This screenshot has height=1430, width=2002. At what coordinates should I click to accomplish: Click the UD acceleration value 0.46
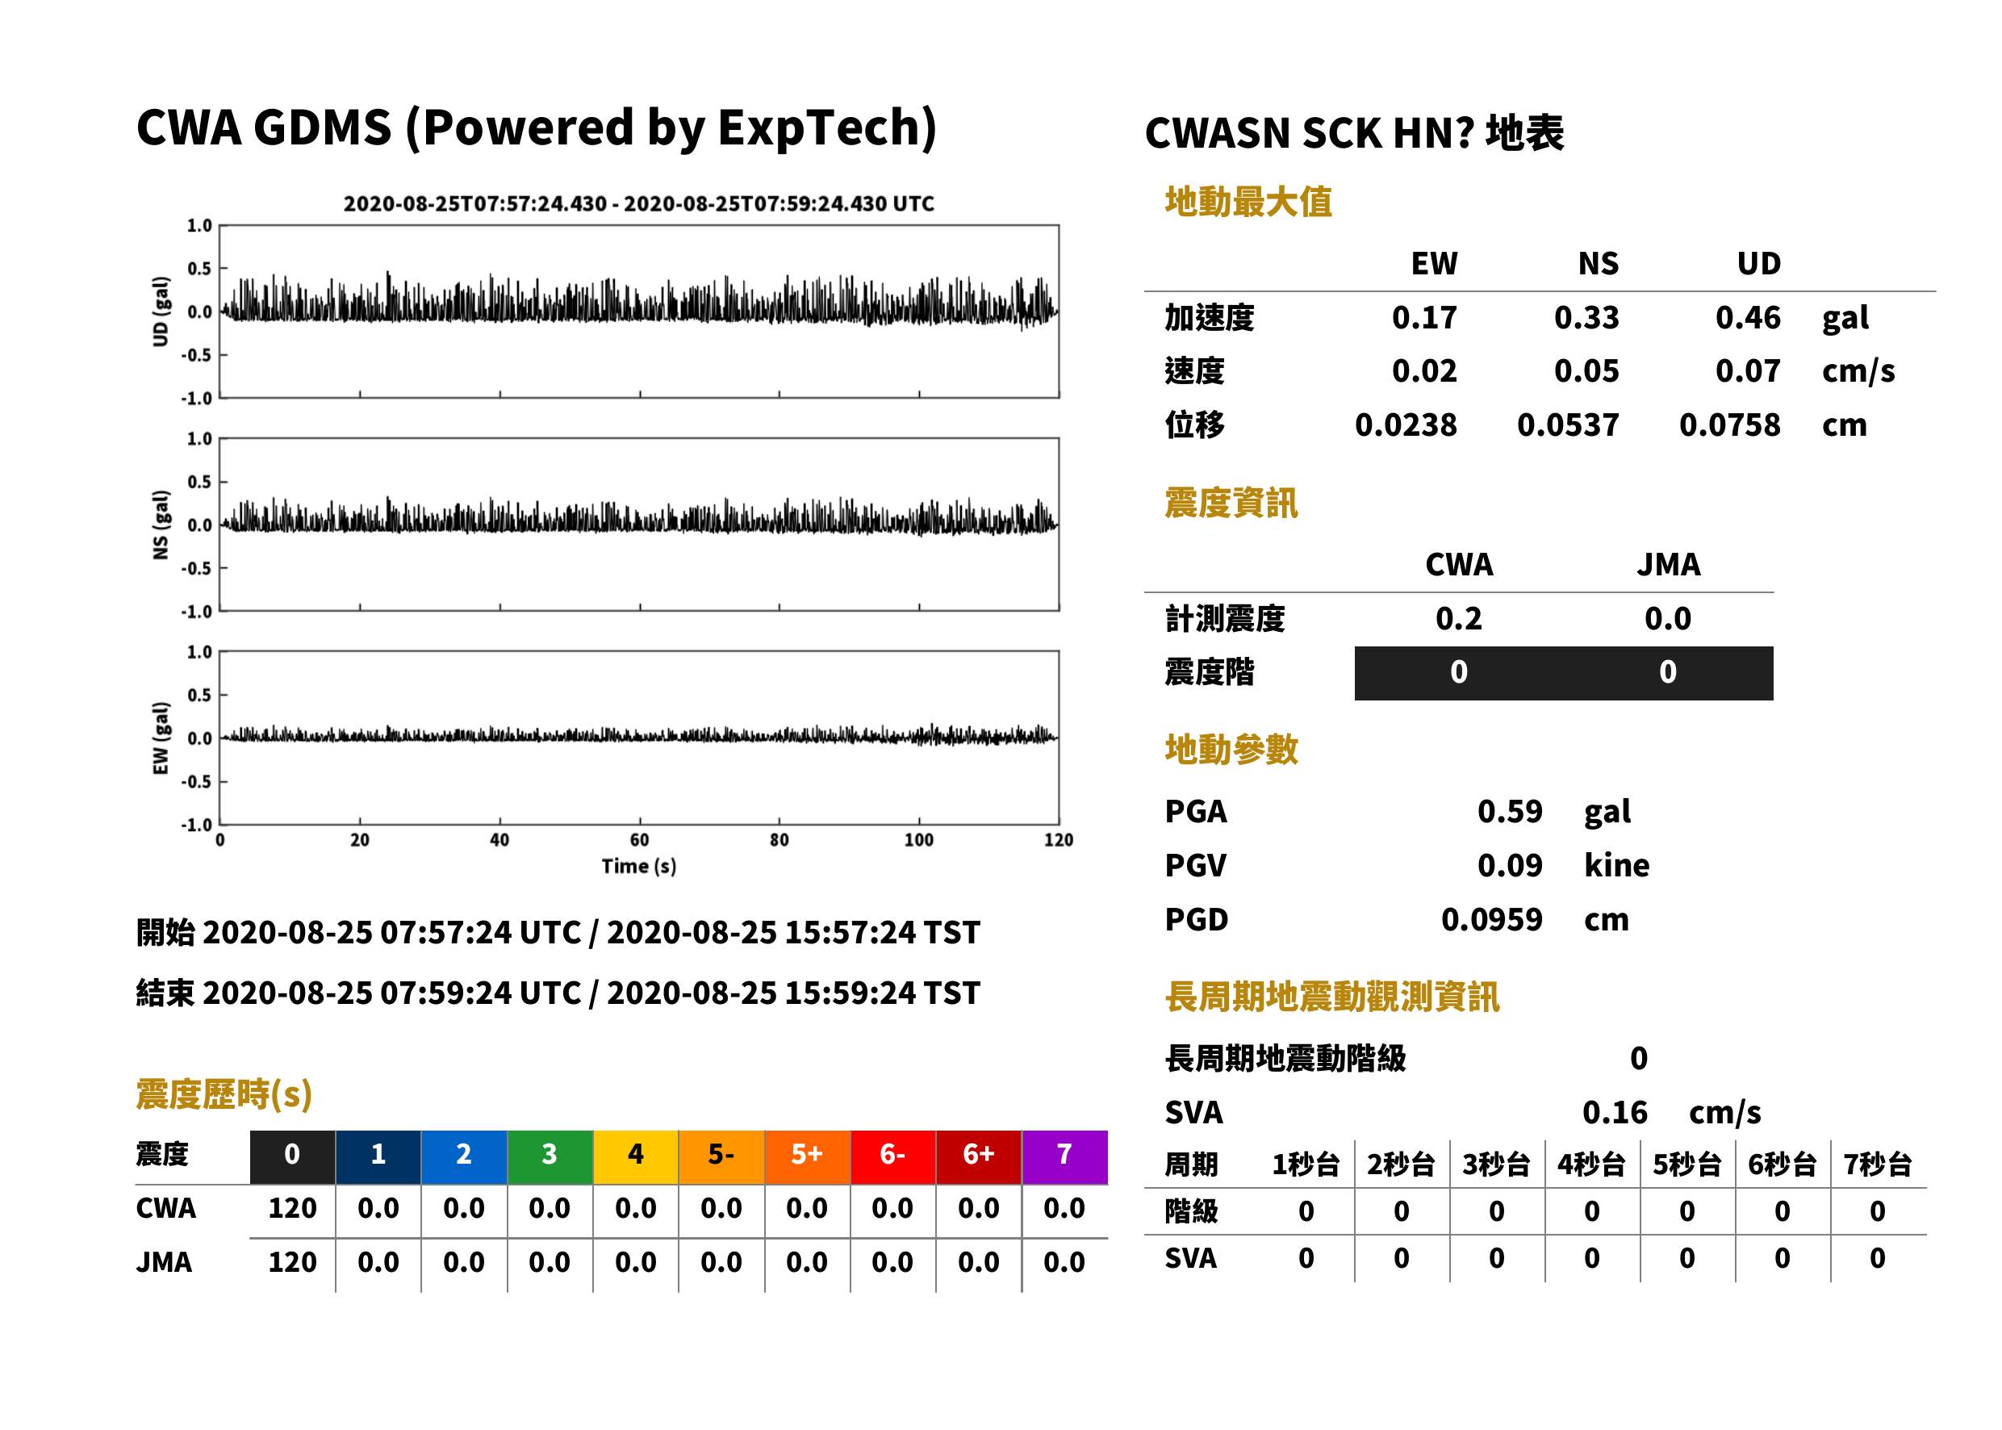coord(1747,318)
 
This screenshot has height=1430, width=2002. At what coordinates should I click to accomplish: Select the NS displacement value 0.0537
coord(1567,425)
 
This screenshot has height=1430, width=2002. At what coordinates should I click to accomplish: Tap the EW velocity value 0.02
coord(1423,371)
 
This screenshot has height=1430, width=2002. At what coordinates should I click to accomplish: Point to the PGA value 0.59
coord(1509,811)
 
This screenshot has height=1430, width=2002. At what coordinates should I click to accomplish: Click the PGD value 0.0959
coord(1491,919)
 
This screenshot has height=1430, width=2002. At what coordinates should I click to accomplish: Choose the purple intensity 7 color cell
coord(1064,1156)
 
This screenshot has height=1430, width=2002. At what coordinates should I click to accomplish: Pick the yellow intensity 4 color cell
coord(636,1156)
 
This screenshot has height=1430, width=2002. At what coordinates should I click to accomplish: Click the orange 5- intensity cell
coord(721,1156)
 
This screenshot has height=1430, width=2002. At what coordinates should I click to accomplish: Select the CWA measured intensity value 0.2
coord(1458,619)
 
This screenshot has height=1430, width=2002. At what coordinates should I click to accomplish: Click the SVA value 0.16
coord(1615,1112)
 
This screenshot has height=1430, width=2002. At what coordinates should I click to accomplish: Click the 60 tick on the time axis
coord(639,840)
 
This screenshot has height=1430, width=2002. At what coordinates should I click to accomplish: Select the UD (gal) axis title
coord(161,312)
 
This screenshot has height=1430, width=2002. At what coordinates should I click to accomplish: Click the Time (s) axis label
coord(639,867)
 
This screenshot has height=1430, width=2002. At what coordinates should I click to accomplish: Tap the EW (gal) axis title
coord(161,738)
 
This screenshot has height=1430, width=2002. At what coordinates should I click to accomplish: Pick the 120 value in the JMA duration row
coord(292,1263)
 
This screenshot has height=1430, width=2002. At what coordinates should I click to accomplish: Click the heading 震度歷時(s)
coord(224,1094)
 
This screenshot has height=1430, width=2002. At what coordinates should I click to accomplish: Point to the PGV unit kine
coord(1616,866)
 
